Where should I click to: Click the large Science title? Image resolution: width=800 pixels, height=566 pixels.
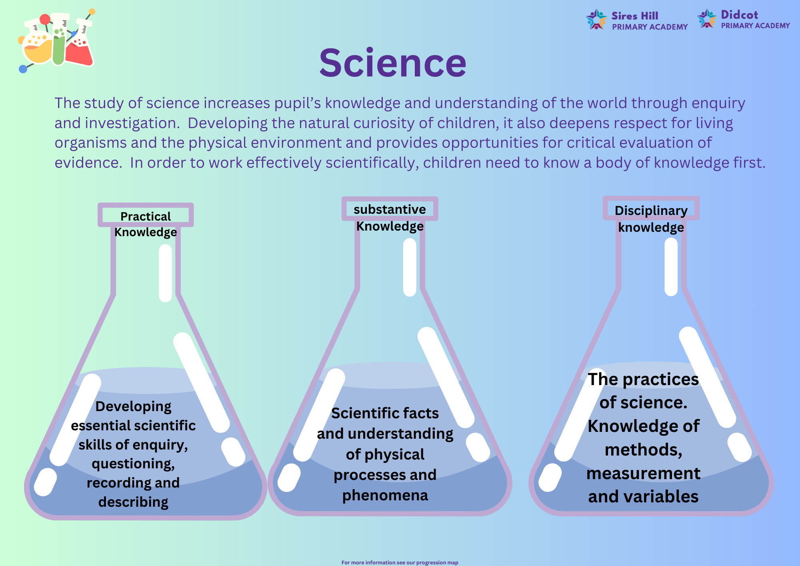pyautogui.click(x=392, y=63)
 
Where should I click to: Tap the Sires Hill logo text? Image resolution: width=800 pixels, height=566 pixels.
pyautogui.click(x=650, y=21)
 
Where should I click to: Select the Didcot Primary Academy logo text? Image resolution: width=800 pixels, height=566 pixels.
pyautogui.click(x=755, y=20)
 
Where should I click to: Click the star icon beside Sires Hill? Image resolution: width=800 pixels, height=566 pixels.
pyautogui.click(x=596, y=20)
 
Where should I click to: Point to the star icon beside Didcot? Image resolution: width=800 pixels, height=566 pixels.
pyautogui.click(x=707, y=18)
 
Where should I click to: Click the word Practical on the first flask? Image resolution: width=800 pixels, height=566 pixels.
pyautogui.click(x=146, y=216)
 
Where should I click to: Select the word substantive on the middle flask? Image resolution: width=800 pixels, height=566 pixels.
pyautogui.click(x=390, y=209)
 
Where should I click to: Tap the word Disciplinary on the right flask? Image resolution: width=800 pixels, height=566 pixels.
pyautogui.click(x=651, y=211)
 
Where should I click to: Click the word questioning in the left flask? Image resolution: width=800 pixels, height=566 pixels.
pyautogui.click(x=133, y=464)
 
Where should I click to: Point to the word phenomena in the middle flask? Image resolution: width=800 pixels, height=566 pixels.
pyautogui.click(x=385, y=496)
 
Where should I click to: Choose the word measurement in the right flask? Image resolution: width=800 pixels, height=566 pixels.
pyautogui.click(x=644, y=473)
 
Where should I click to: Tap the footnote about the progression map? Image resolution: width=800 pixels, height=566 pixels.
pyautogui.click(x=400, y=562)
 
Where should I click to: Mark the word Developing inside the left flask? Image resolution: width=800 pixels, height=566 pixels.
pyautogui.click(x=133, y=407)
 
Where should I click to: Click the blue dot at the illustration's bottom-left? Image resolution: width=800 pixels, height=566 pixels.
pyautogui.click(x=23, y=69)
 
